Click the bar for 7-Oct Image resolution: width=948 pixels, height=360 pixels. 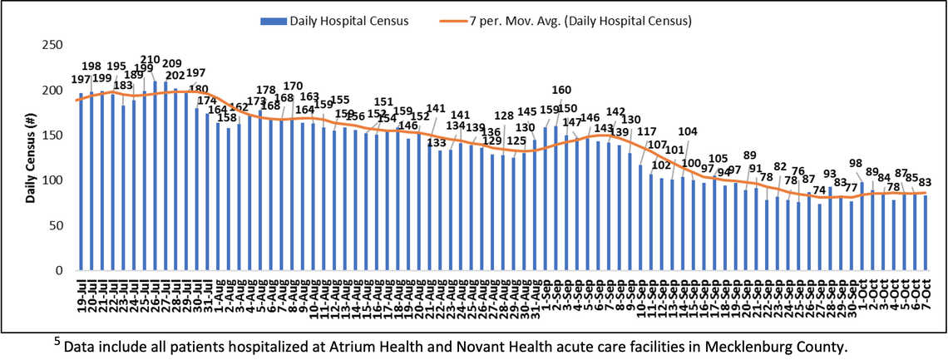[x=925, y=233]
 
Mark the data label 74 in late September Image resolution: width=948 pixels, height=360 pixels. [x=819, y=190]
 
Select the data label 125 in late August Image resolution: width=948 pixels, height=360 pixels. [x=516, y=141]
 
